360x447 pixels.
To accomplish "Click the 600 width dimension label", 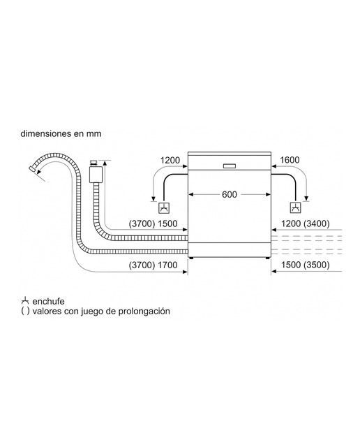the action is click(x=230, y=194).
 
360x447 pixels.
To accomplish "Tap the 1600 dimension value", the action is click(x=290, y=160).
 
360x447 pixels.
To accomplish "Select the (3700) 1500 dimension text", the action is click(x=153, y=223).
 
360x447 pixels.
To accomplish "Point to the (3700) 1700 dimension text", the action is click(x=153, y=265).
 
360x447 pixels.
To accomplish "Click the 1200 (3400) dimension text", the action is click(x=306, y=223).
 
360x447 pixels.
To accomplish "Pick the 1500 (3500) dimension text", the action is click(x=306, y=265).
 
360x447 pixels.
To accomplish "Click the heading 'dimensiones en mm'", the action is click(x=61, y=133).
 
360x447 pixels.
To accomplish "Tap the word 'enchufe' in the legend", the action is click(x=48, y=301).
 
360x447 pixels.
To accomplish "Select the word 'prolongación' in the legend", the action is click(x=144, y=311).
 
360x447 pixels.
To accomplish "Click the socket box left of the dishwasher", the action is click(x=165, y=208).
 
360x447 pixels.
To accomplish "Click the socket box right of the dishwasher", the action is click(x=295, y=208).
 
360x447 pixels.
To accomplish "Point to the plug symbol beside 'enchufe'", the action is click(x=25, y=301).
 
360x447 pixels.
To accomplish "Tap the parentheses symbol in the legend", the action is click(x=25, y=311).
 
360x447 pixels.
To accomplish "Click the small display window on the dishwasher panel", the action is click(x=230, y=166).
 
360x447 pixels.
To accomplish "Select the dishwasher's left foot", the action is click(x=191, y=258).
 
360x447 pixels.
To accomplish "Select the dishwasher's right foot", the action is click(x=267, y=258).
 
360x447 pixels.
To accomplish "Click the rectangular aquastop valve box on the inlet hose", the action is click(x=96, y=175).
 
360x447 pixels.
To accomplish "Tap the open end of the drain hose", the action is click(x=33, y=168).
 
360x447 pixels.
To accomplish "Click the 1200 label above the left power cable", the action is click(x=170, y=160).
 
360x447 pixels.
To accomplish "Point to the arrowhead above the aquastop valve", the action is click(x=105, y=163).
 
